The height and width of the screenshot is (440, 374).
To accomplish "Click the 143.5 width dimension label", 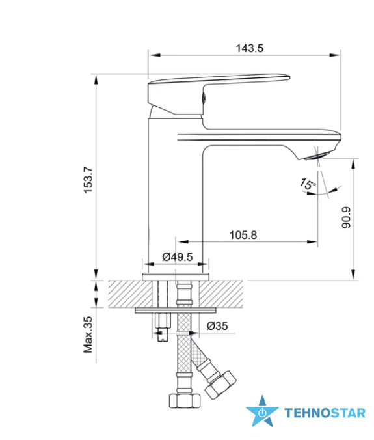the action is click(x=250, y=48).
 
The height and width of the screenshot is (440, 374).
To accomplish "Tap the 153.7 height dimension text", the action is click(x=88, y=180).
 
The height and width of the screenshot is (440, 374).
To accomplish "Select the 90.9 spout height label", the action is click(x=346, y=217).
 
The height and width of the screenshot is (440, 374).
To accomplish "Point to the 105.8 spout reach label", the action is click(x=243, y=235).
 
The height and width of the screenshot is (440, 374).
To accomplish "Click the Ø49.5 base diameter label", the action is click(x=178, y=256).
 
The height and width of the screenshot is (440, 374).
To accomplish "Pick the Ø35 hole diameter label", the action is click(x=217, y=326).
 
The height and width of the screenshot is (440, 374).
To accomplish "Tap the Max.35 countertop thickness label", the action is click(x=88, y=335).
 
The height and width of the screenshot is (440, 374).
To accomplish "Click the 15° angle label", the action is click(x=308, y=184).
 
